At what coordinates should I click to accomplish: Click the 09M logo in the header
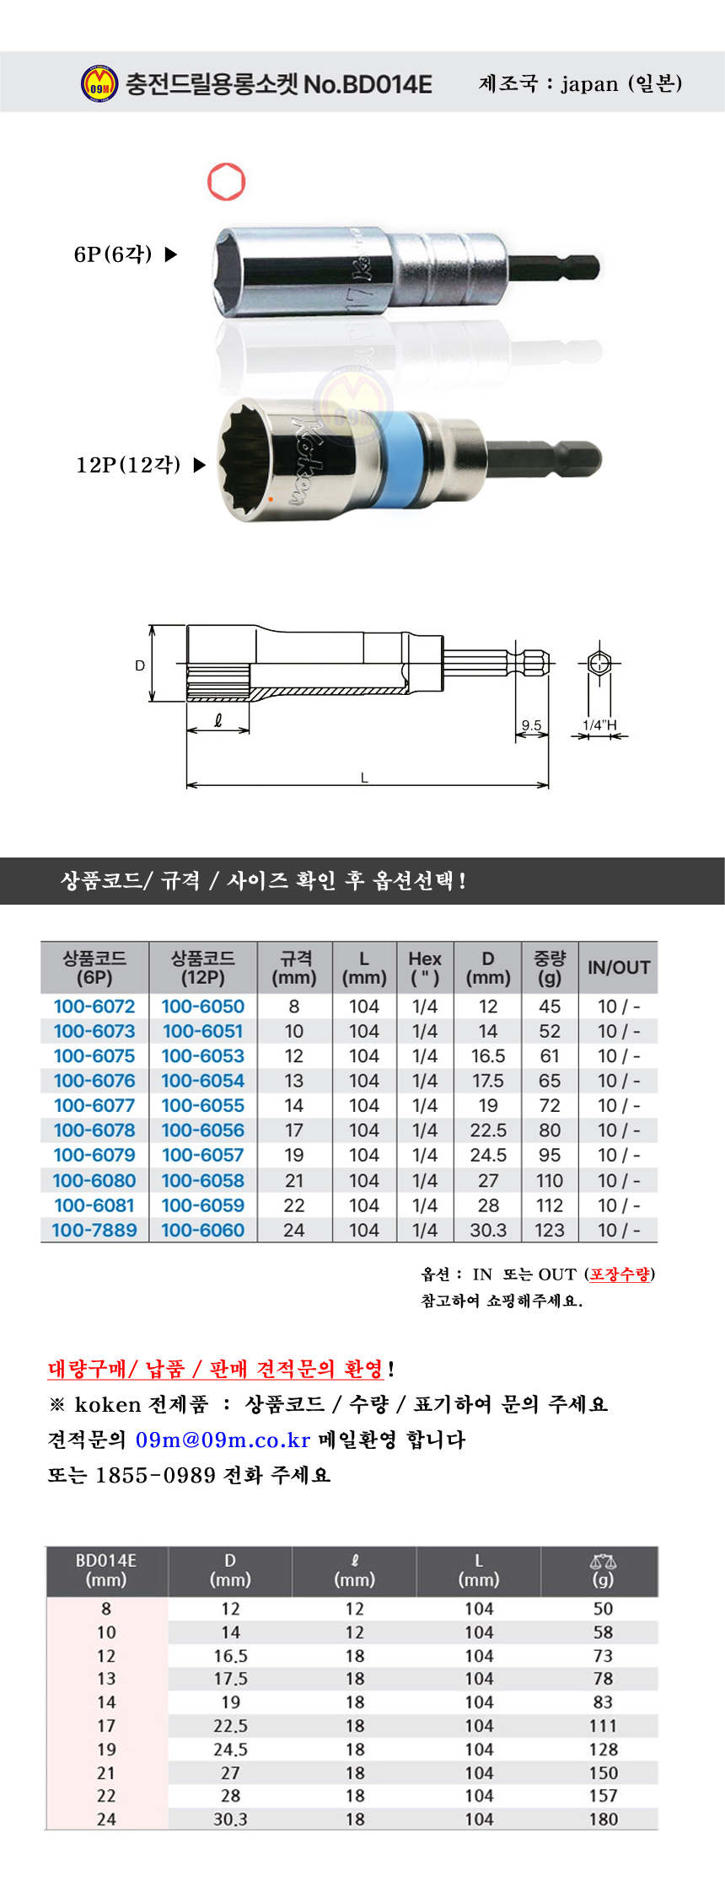pos(99,83)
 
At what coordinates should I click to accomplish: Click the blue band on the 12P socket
pos(396,461)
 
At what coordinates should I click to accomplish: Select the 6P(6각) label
pos(113,254)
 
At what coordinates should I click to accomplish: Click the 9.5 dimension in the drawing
pos(531,724)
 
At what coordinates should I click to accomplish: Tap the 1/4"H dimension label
pos(599,724)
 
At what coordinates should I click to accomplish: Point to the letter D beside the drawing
pos(140,665)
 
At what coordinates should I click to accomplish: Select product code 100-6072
pos(94,1007)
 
